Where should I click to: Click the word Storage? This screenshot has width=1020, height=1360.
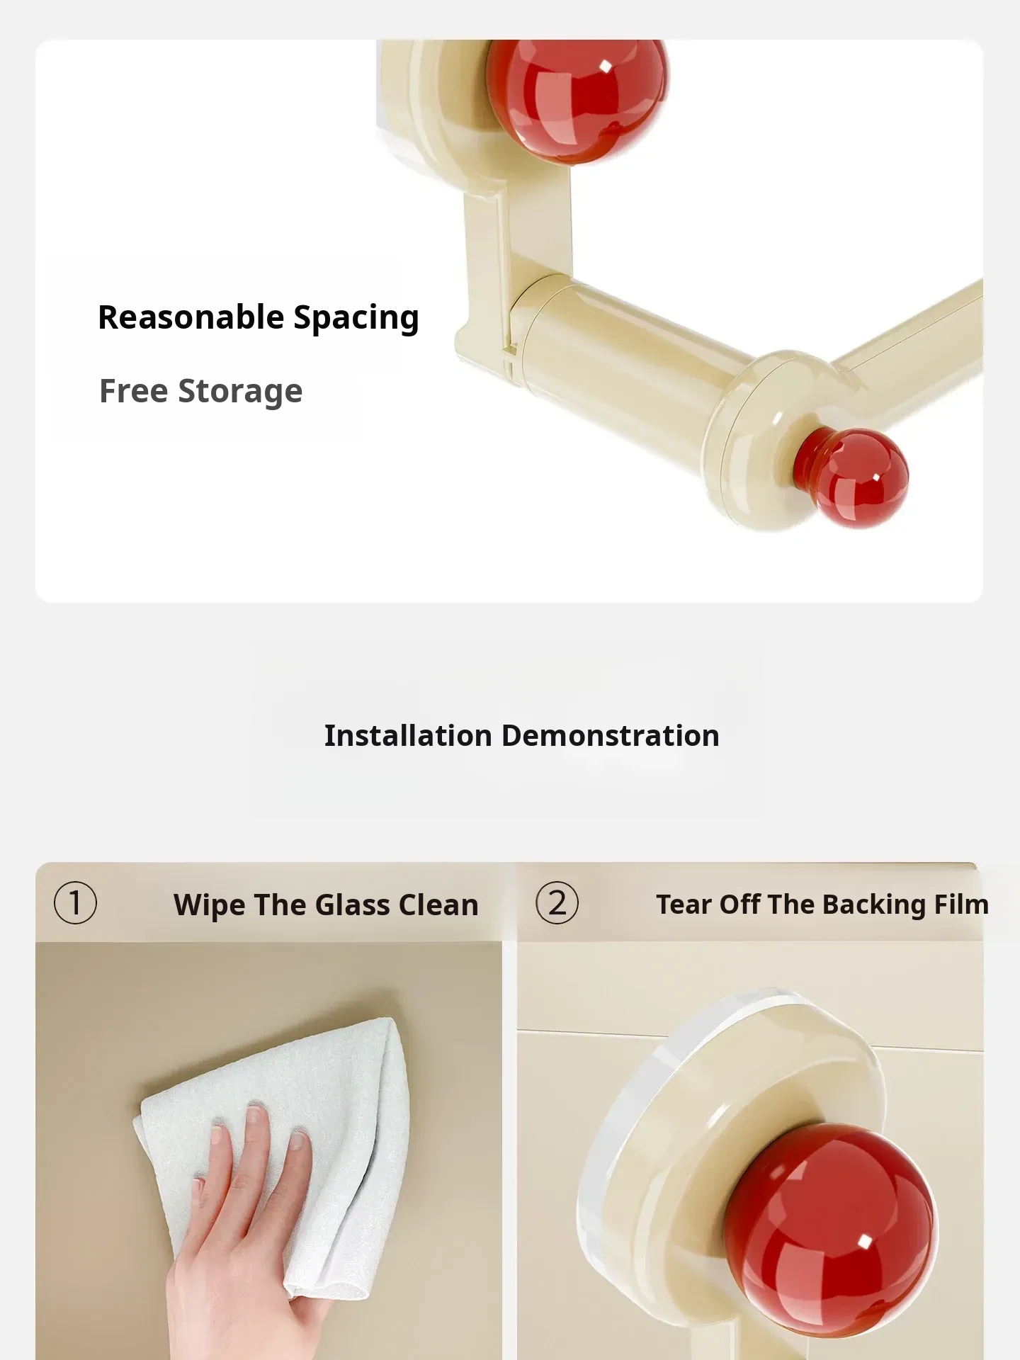point(240,392)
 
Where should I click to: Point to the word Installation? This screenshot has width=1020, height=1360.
point(408,736)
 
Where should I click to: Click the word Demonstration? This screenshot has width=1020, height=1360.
point(611,736)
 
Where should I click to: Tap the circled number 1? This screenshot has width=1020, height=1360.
point(75,903)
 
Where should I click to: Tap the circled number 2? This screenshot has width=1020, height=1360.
point(557,903)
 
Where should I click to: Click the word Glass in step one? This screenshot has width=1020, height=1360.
point(351,905)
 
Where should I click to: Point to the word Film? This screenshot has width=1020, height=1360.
point(960,905)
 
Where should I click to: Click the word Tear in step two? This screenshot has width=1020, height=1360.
point(683,905)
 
